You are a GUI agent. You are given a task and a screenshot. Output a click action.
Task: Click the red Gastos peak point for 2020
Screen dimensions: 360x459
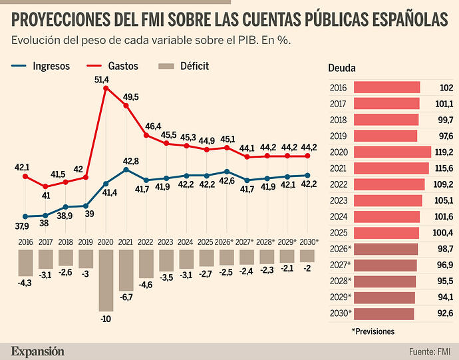pyautogui.click(x=106, y=87)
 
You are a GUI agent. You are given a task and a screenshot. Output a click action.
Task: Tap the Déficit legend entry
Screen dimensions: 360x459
pyautogui.click(x=185, y=66)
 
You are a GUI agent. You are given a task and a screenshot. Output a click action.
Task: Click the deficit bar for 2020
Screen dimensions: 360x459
pyautogui.click(x=106, y=279)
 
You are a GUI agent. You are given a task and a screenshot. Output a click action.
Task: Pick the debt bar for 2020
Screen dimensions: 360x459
pyautogui.click(x=392, y=152)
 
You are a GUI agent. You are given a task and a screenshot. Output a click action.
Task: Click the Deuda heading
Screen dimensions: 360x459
pyautogui.click(x=342, y=68)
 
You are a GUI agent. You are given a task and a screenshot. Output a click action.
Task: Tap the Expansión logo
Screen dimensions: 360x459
pyautogui.click(x=37, y=351)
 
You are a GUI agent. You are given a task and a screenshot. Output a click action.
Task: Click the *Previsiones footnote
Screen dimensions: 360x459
pyautogui.click(x=373, y=331)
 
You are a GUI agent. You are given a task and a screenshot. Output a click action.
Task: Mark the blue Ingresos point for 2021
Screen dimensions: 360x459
pyautogui.click(x=126, y=170)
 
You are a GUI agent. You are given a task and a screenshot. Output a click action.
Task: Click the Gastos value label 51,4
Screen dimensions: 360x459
pyautogui.click(x=102, y=79)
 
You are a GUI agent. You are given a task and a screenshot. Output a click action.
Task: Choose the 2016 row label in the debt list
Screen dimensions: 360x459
pyautogui.click(x=338, y=87)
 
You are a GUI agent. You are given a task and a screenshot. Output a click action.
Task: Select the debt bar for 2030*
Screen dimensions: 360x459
pyautogui.click(x=384, y=313)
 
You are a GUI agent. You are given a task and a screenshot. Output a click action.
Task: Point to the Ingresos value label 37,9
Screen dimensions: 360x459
pyautogui.click(x=21, y=226)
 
